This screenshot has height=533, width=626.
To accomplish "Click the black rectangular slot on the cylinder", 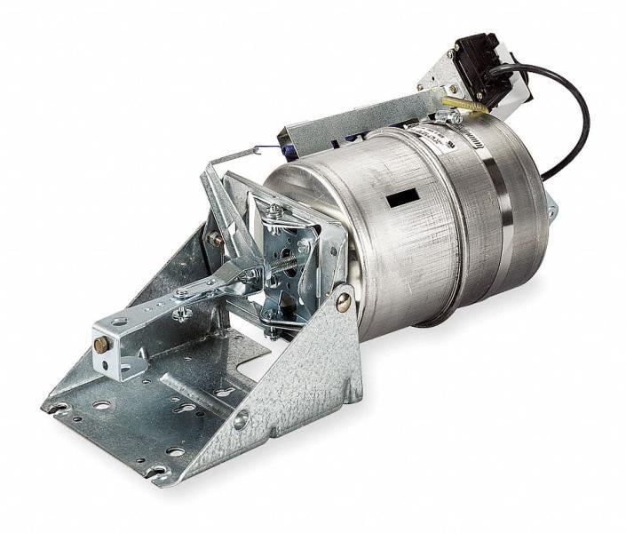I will tap(402, 198).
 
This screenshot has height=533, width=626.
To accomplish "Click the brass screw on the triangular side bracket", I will tap(343, 302).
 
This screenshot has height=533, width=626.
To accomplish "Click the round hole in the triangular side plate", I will tap(242, 419).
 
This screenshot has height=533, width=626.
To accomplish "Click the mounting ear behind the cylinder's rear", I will tap(551, 210).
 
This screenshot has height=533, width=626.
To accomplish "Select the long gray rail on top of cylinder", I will tap(355, 124).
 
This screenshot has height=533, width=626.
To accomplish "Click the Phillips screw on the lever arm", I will tap(181, 313).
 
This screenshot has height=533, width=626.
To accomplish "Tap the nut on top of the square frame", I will tap(277, 211).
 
